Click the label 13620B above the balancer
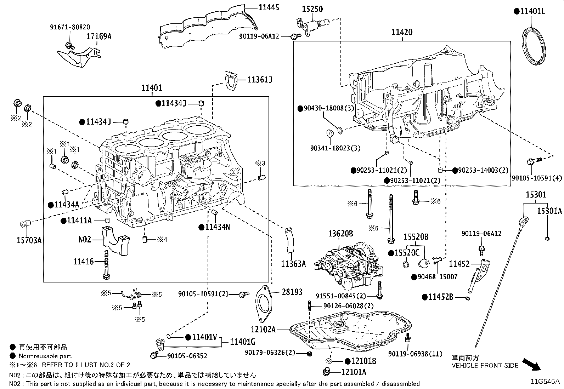coord(340,234)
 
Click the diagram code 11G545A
coord(545,381)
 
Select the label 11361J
coord(260,80)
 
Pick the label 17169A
coord(100,36)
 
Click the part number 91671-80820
coord(69,27)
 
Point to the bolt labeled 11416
coord(106,265)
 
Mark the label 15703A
coord(29,240)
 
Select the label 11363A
coord(293,263)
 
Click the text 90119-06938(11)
coord(415,354)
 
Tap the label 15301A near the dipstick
coord(549,211)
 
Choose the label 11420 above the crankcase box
coord(402,33)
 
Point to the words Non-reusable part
coord(45,356)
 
